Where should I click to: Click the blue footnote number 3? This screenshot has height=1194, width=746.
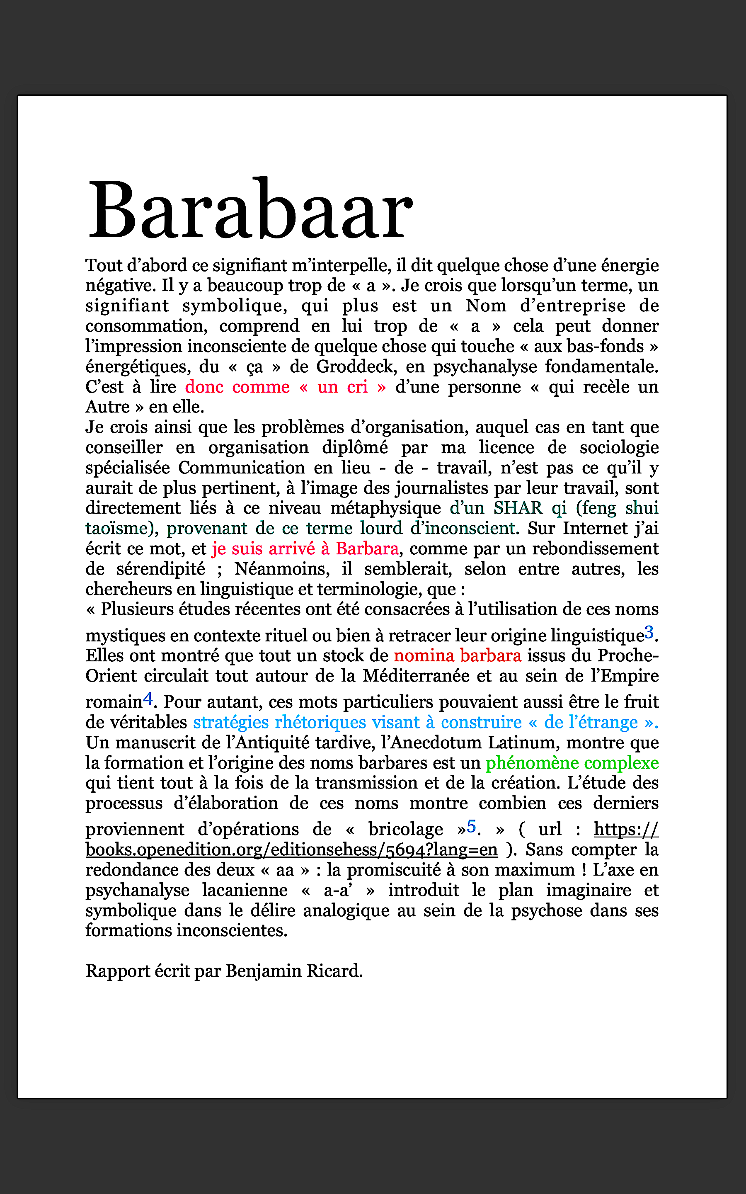point(649,631)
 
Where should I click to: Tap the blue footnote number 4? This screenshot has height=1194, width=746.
point(148,698)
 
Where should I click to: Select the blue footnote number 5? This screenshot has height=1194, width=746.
point(472,825)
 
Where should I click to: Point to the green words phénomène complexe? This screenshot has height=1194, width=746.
point(572,763)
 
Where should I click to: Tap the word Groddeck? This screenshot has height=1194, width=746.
point(355,366)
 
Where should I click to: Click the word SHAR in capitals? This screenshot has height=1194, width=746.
point(518,508)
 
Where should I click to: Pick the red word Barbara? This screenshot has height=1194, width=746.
point(367,548)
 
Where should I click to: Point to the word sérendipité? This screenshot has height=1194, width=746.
point(161,569)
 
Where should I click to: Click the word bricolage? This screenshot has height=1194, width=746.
point(406,830)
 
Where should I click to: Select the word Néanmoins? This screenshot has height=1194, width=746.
point(282,569)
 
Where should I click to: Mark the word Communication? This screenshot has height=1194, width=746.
point(242,467)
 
